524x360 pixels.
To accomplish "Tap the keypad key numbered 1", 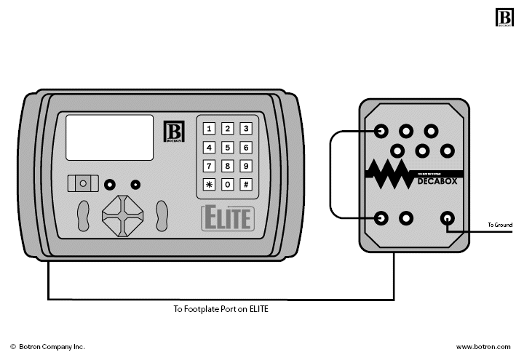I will tap(209, 129).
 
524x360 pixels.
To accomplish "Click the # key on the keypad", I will tap(247, 184).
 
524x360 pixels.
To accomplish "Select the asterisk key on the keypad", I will tap(209, 184).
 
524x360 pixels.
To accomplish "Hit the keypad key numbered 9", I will tap(247, 166).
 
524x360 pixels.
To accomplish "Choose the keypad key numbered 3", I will tap(247, 129).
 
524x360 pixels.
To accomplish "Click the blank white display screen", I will tap(110, 137).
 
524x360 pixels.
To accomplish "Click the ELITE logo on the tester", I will tap(227, 217).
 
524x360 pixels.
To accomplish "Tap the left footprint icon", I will tap(84, 215).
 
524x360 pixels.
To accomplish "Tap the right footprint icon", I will tap(162, 215).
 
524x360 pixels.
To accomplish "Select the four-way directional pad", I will tap(123, 215).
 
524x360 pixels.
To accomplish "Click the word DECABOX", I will tap(437, 182).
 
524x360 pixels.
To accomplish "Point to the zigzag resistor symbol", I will tap(389, 175).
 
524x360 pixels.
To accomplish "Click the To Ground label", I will tap(500, 225).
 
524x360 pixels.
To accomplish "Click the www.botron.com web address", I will tap(484, 348).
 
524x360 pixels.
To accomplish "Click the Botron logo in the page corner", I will tap(504, 17).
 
